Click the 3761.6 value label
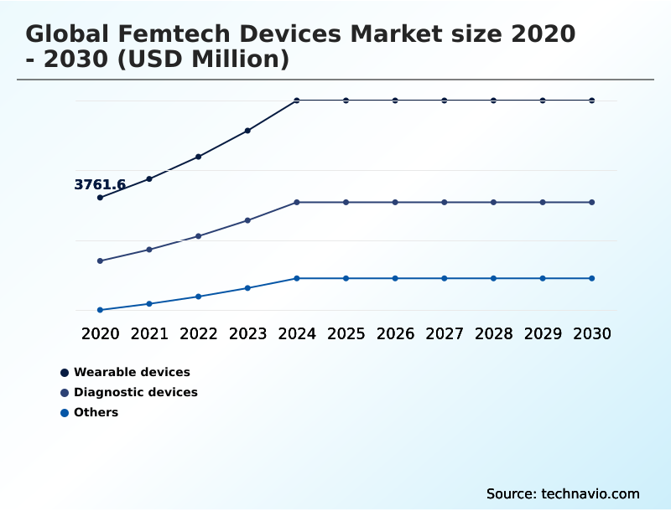(100, 185)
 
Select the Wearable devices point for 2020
(100, 198)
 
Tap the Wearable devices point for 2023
(247, 131)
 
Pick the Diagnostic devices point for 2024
(297, 202)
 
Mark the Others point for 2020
(100, 310)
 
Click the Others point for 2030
(592, 278)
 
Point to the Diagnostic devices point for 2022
(199, 236)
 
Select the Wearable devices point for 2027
(445, 101)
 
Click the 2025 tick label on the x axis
(346, 333)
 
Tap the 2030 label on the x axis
(592, 333)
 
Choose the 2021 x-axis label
(149, 333)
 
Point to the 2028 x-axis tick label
(493, 333)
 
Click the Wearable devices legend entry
(132, 372)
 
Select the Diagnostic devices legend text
(136, 392)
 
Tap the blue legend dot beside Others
(65, 412)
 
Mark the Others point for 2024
(297, 278)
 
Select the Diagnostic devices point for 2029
(543, 202)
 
